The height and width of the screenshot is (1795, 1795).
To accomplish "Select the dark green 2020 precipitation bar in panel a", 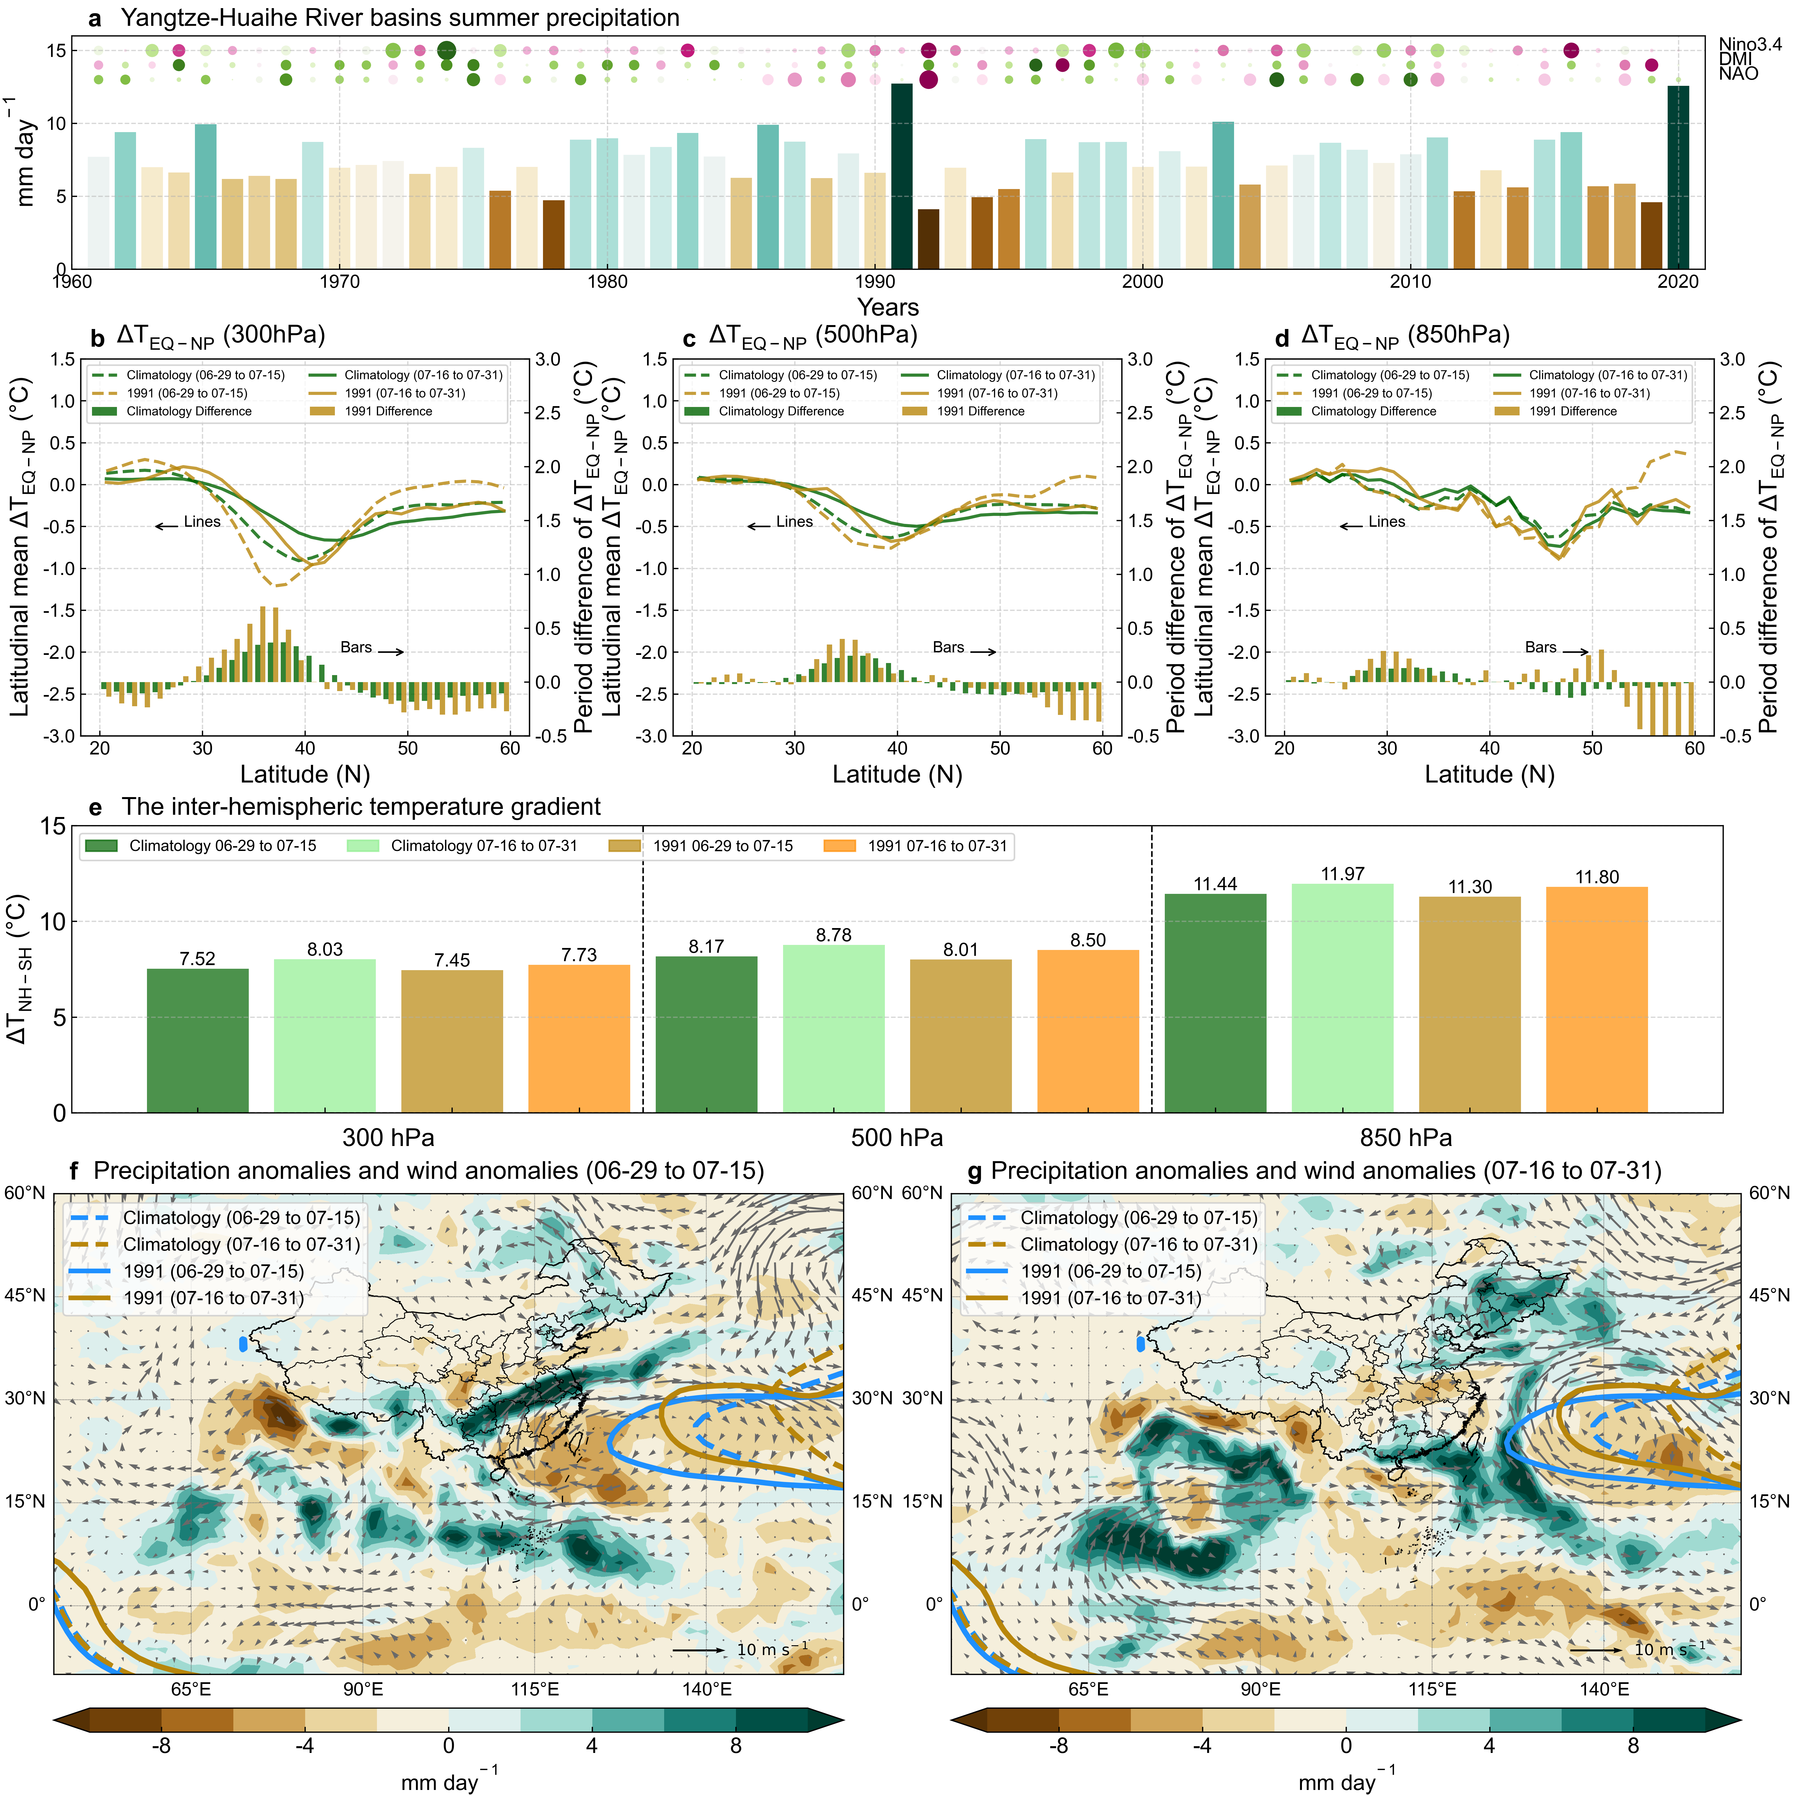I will click(x=1678, y=176).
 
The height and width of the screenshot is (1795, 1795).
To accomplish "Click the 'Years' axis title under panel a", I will click(x=887, y=307).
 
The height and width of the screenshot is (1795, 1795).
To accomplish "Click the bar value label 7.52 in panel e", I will click(x=197, y=959).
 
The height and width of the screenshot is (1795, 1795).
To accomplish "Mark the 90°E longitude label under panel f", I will click(x=362, y=1689).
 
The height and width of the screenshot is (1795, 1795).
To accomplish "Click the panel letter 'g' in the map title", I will click(x=975, y=1173).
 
